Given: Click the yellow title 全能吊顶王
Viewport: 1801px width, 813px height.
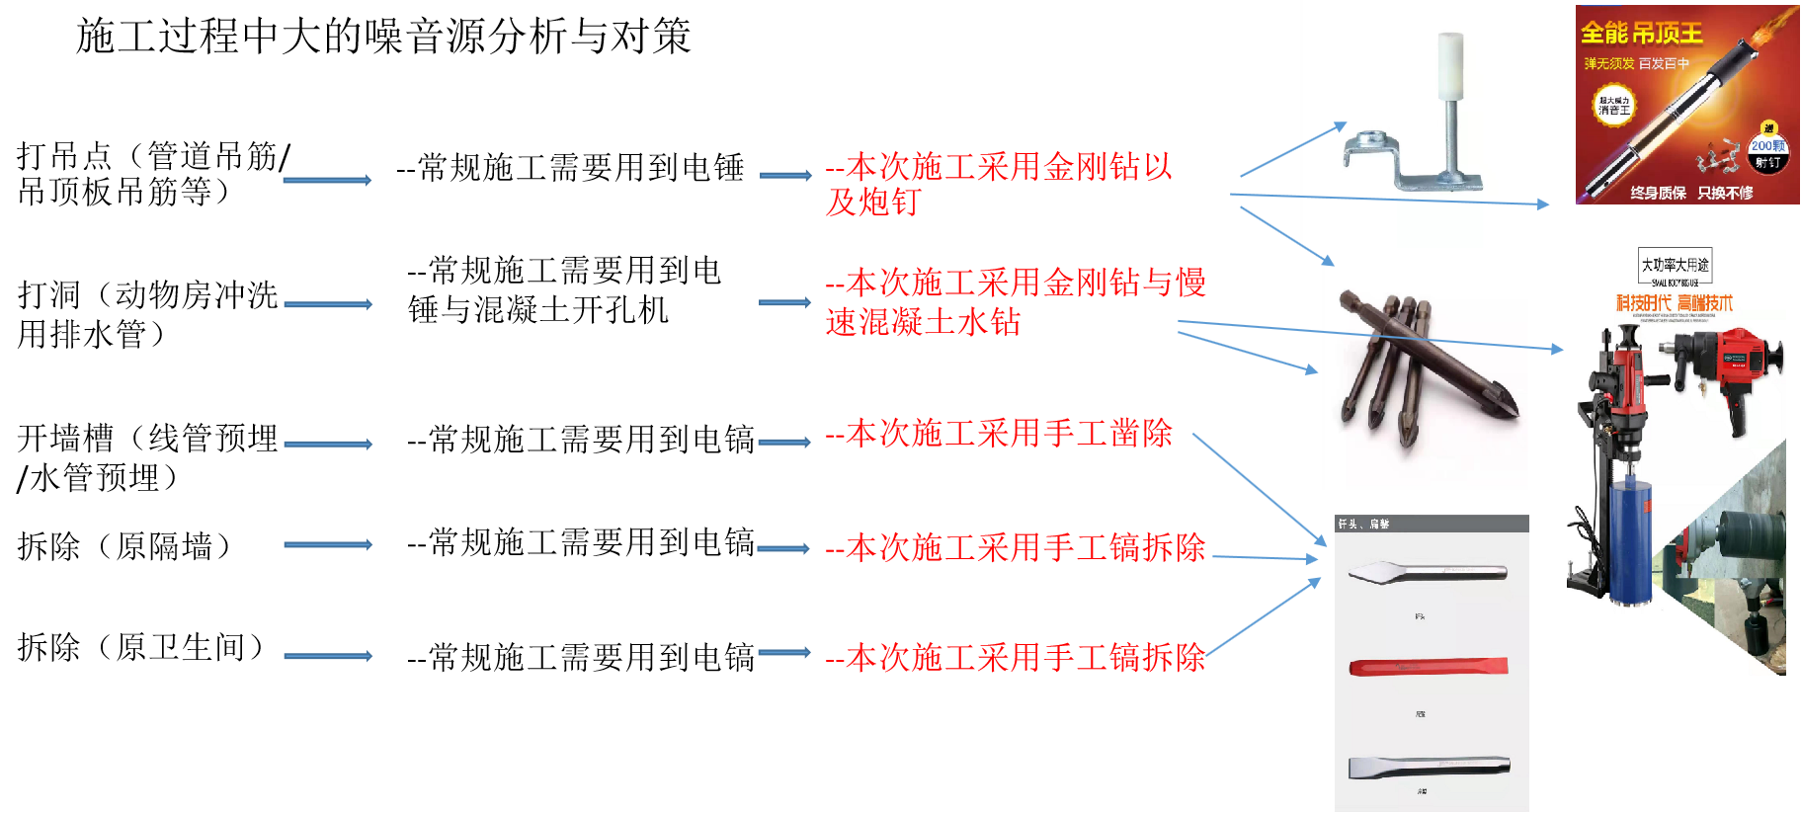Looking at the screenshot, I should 1641,34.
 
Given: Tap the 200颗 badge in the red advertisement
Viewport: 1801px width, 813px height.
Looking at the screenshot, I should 1767,145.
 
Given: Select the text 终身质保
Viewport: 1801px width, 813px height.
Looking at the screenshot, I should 1658,193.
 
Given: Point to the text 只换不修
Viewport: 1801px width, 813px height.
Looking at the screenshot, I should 1725,193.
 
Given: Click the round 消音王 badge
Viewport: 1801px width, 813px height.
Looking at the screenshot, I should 1614,106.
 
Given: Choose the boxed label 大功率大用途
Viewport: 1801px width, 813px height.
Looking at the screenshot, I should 1675,265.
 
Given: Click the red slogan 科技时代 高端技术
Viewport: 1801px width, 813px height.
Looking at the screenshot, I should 1674,302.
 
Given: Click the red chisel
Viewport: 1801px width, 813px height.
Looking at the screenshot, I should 1429,667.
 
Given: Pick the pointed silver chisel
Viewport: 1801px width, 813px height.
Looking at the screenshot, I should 1428,571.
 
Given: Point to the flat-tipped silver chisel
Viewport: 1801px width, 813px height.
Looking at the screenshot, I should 1429,766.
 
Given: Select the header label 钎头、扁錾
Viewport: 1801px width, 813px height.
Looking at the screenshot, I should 1364,524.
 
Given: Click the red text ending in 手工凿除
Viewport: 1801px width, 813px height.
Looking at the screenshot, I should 999,434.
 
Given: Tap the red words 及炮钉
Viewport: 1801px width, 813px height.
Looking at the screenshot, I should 873,203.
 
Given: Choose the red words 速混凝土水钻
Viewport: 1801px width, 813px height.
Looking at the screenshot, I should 923,322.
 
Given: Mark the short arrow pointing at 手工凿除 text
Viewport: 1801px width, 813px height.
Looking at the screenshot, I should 784,442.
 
